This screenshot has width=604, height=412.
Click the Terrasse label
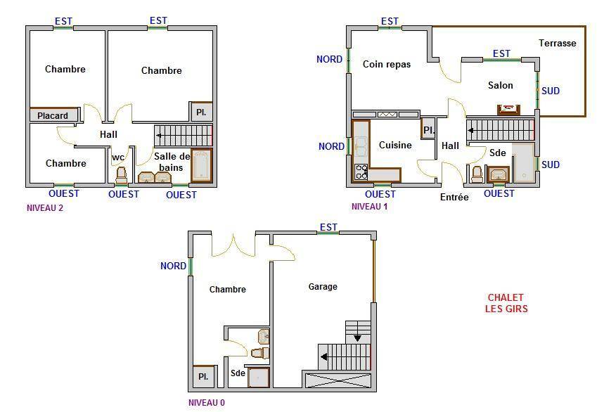558,43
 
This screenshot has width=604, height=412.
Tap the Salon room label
501,85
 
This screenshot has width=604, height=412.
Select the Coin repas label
387,64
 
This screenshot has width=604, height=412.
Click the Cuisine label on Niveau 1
395,145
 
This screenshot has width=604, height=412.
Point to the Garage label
323,286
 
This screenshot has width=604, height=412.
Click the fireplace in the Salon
508,110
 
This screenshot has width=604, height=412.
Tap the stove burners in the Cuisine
361,172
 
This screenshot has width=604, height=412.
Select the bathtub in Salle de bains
202,165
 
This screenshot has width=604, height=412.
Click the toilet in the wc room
122,175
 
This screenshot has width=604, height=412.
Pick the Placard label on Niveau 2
53,115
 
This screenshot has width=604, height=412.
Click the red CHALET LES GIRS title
506,303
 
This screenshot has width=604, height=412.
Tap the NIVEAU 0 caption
207,403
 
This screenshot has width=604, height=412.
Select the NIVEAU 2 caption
45,208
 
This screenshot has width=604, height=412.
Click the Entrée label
454,197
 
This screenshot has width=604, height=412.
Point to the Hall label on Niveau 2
108,134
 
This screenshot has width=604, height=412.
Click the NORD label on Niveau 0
173,266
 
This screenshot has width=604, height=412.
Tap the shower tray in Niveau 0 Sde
258,378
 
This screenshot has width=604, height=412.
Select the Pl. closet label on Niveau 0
203,376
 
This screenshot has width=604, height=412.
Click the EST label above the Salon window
501,53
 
